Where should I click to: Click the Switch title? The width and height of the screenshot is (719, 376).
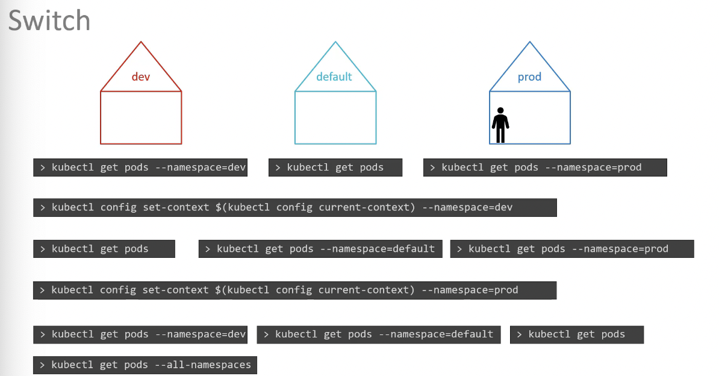(x=49, y=20)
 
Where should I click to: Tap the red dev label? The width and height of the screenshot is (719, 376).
(x=141, y=77)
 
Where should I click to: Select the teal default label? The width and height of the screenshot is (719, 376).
(x=334, y=77)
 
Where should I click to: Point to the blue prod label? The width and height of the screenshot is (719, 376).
(x=530, y=77)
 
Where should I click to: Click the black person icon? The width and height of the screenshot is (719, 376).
(x=500, y=125)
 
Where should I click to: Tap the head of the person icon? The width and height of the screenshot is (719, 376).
(x=500, y=111)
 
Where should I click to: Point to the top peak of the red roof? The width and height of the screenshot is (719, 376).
(x=142, y=42)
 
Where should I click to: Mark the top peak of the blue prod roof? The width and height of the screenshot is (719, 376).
(x=530, y=42)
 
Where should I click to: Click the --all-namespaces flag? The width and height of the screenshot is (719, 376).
(x=203, y=365)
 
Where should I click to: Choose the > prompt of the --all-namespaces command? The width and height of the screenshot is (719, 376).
(x=42, y=365)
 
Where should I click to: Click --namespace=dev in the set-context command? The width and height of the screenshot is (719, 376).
(x=467, y=207)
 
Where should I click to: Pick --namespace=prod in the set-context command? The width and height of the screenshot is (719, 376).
(x=470, y=290)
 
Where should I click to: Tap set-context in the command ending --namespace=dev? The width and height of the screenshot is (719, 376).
(x=176, y=207)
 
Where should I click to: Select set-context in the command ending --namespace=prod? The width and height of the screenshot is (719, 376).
(x=175, y=290)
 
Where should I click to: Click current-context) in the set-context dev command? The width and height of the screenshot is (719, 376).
(x=367, y=207)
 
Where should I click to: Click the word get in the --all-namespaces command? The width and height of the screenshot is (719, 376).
(x=108, y=365)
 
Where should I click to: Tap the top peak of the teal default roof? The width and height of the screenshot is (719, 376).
(x=335, y=42)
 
